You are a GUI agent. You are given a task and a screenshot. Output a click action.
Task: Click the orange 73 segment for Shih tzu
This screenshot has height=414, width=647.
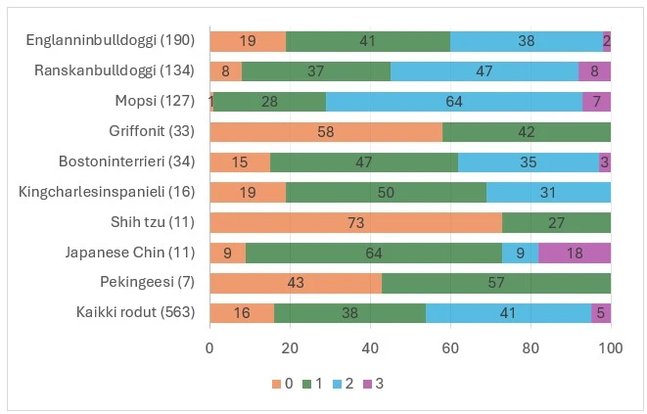pos(355,222)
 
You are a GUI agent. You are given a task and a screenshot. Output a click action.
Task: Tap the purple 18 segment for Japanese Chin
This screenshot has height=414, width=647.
pos(575,253)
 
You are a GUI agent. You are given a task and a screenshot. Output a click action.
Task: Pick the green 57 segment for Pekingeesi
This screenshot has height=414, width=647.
pos(496,283)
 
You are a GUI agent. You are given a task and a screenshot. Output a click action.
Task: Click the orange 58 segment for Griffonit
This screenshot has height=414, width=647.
pos(326,132)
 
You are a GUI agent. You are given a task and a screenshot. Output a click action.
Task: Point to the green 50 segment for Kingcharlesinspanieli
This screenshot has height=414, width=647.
pos(386,193)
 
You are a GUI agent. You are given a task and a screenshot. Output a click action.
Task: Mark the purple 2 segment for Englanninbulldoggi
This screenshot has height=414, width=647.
pos(607,41)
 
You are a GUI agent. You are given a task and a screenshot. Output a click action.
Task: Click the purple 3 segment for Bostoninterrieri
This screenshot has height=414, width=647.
pos(605,162)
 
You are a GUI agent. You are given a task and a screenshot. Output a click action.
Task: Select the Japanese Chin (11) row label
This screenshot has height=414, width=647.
pos(131,253)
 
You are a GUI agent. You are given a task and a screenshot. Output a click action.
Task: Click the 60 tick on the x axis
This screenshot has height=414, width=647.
pos(450,347)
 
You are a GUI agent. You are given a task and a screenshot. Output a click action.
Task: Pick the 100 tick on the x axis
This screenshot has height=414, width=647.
pos(611,347)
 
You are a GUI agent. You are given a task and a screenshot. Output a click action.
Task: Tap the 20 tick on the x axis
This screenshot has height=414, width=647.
pos(290,347)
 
